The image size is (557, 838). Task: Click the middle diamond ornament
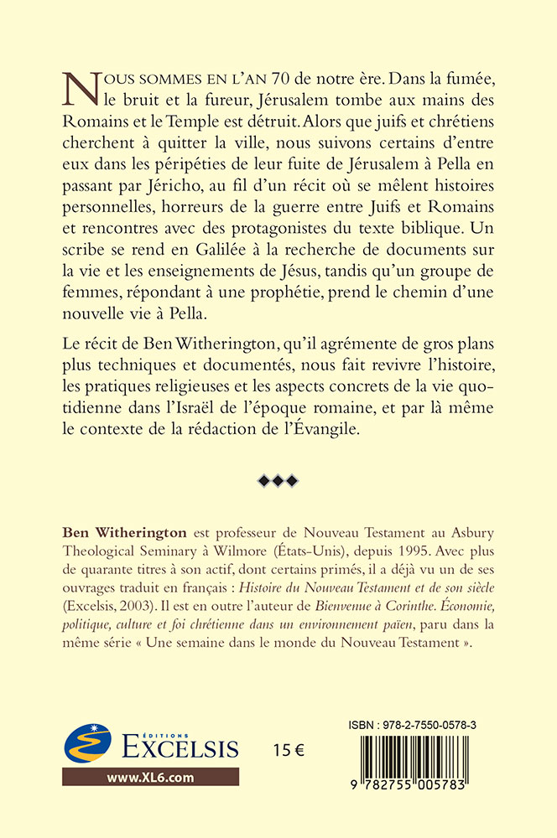point(278,480)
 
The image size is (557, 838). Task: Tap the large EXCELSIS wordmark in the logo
point(172,747)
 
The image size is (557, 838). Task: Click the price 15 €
point(287,750)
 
